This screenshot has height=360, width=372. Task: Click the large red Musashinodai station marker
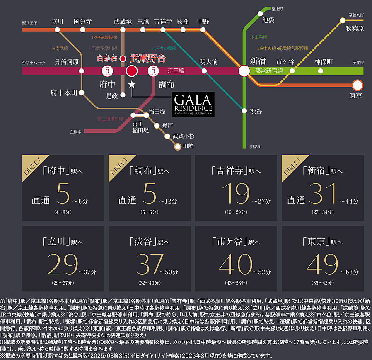tap(132, 71)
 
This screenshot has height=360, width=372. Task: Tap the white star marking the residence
tap(132, 85)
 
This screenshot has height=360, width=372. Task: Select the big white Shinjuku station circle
tap(244, 71)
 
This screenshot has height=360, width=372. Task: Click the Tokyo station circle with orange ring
tap(357, 85)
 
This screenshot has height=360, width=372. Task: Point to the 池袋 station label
tap(268, 19)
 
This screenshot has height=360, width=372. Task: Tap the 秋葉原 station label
tap(355, 29)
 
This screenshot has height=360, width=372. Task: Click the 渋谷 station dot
tap(244, 111)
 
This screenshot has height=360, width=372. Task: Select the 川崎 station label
tap(188, 146)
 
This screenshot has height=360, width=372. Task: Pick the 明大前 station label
tap(208, 62)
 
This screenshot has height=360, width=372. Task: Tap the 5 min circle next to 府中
tap(107, 71)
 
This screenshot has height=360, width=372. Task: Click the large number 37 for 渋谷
tap(149, 265)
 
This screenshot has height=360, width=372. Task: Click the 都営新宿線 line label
tap(269, 71)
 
